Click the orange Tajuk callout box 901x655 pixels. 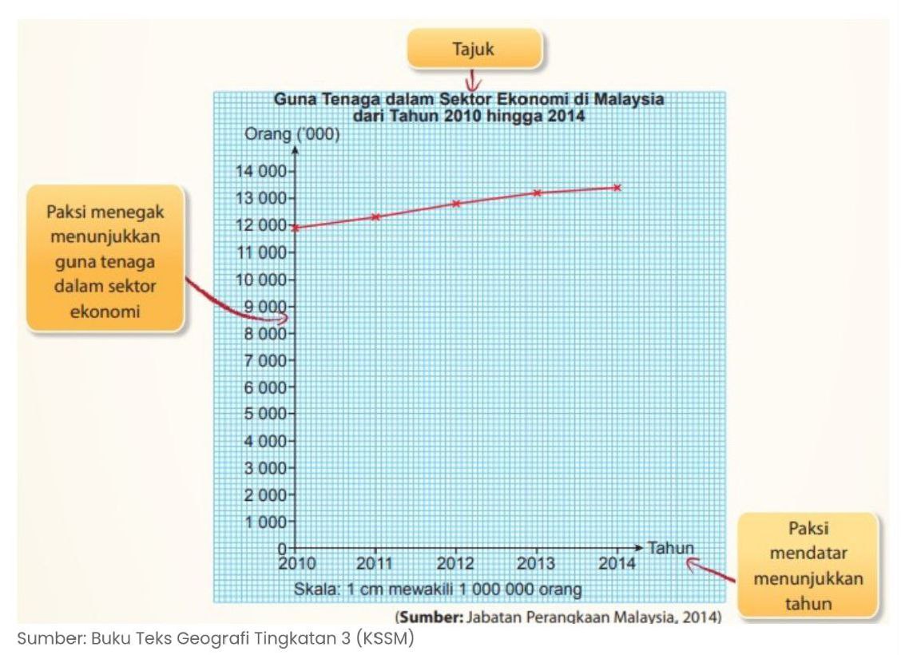pos(474,50)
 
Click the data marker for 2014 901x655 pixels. pos(617,187)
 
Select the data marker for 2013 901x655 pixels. pos(537,193)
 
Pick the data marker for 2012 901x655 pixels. pos(456,203)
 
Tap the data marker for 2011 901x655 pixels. pos(375,216)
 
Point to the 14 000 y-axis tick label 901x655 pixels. pos(260,171)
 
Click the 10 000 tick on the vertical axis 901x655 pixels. pos(260,280)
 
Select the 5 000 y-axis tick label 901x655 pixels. pos(264,414)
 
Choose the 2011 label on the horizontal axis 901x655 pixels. pos(375,564)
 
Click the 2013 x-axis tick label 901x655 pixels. pos(536,564)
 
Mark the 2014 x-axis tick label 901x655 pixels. pos(617,564)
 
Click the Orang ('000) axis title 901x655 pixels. pos(292,134)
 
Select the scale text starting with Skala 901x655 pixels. pos(438,590)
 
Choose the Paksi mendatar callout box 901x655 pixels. pos(808,566)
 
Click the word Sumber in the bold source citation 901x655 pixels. pos(430,617)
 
